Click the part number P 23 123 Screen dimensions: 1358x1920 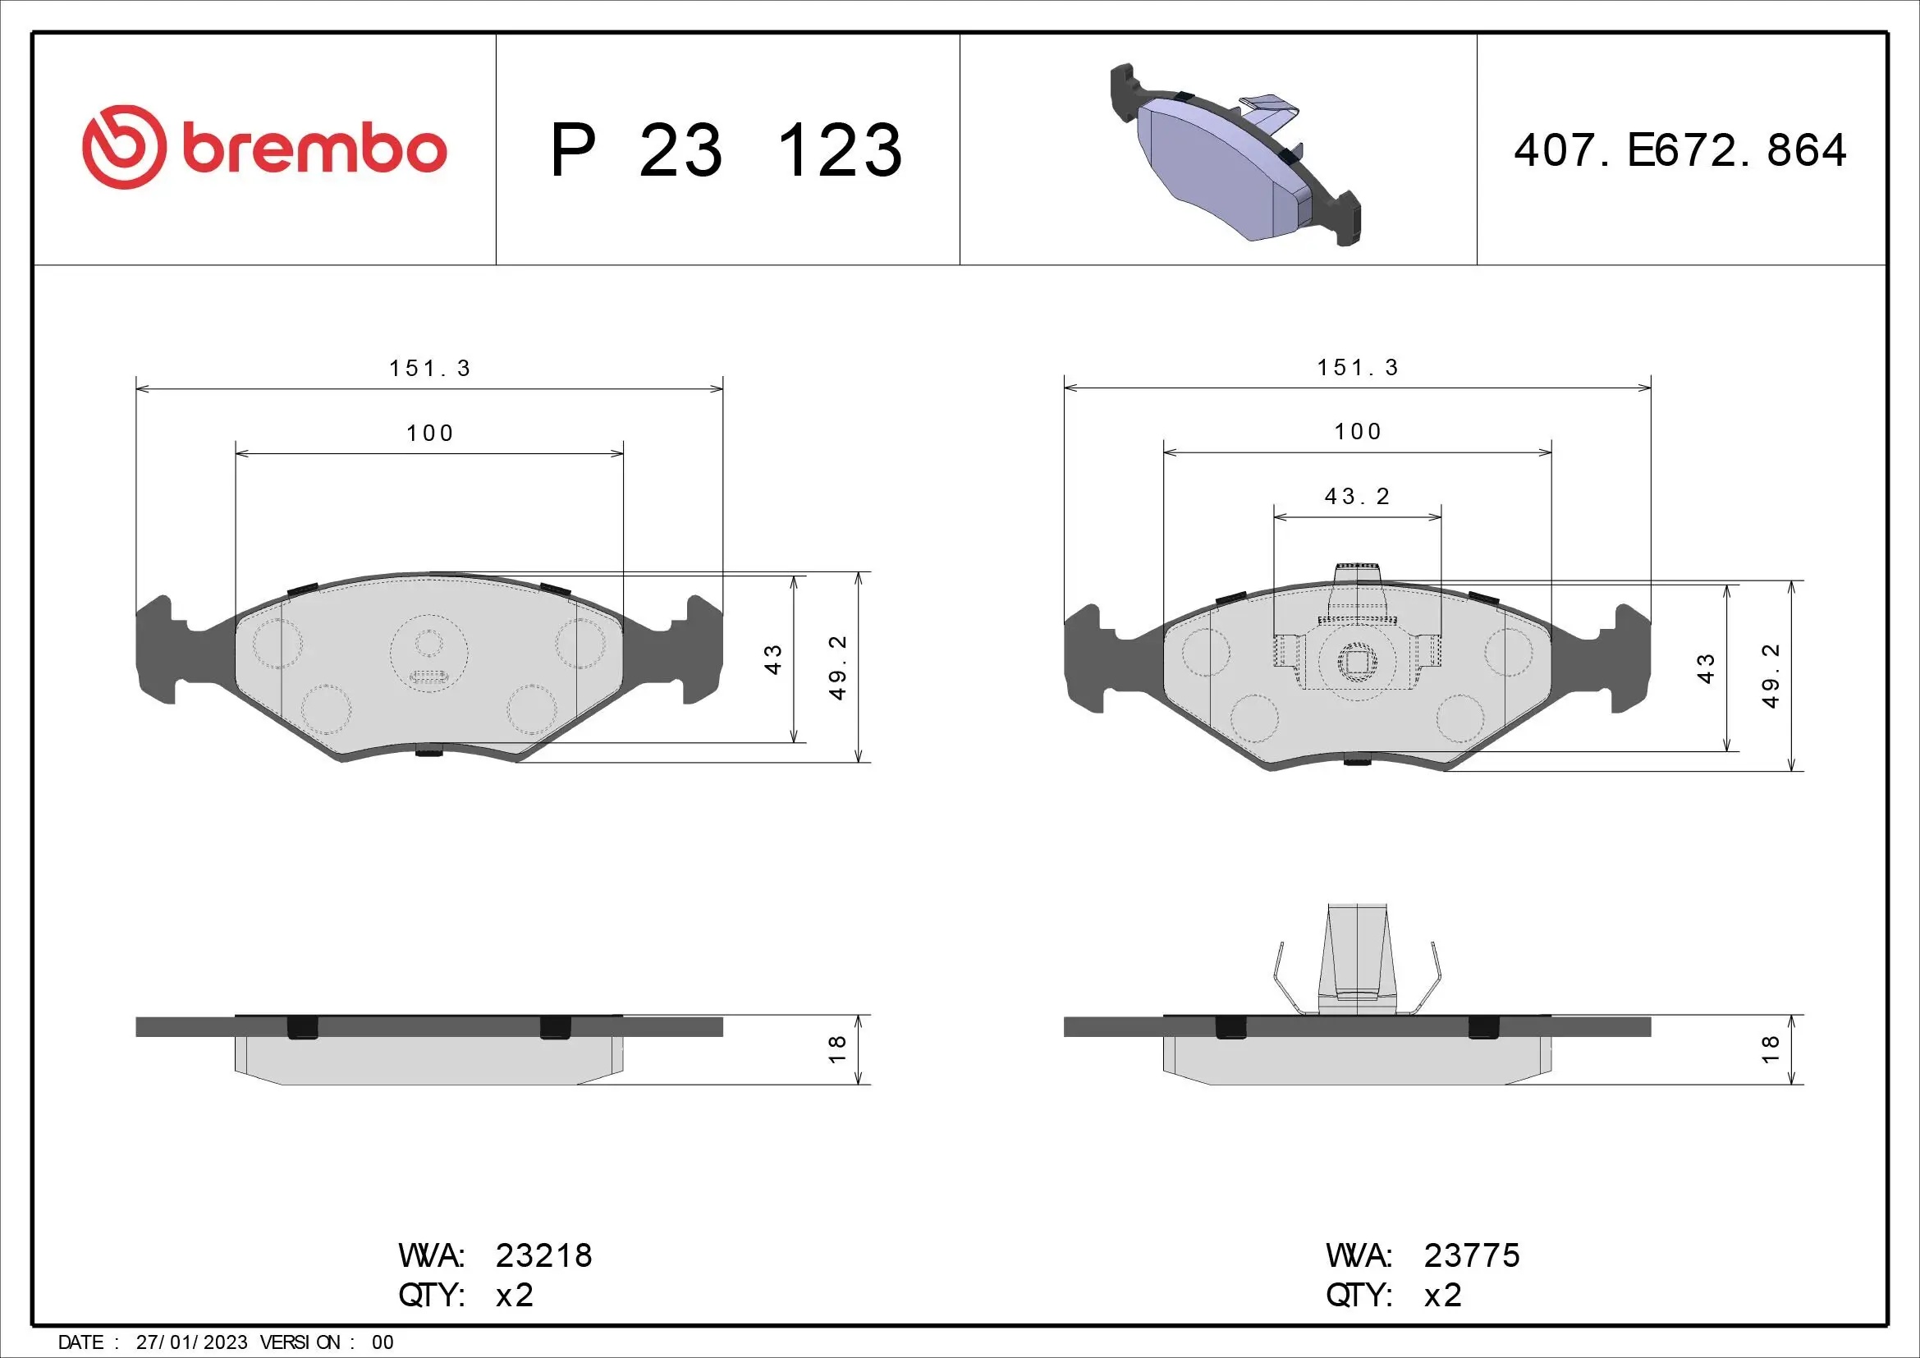(x=726, y=151)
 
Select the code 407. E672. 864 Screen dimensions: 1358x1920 (x=1680, y=151)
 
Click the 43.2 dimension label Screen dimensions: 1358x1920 (x=1356, y=497)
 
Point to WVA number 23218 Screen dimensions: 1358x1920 (x=543, y=1255)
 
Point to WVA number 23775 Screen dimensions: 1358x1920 (x=1472, y=1255)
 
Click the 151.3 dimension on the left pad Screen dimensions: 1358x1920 (x=430, y=369)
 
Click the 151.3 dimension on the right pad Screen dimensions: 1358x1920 (x=1357, y=368)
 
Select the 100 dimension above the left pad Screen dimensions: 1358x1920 (x=430, y=434)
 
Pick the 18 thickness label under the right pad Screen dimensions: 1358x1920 (x=1771, y=1049)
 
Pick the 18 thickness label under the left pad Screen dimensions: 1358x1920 (x=837, y=1049)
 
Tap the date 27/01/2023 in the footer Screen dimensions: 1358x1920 (x=191, y=1342)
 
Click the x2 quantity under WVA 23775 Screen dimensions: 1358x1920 (x=1442, y=1296)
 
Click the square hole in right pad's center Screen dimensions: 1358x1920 (x=1356, y=663)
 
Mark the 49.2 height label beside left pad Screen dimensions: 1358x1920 (x=837, y=668)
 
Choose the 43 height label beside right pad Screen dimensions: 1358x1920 (x=1706, y=669)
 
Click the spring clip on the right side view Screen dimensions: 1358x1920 (x=1356, y=961)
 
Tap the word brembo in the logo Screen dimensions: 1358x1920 (x=314, y=149)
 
